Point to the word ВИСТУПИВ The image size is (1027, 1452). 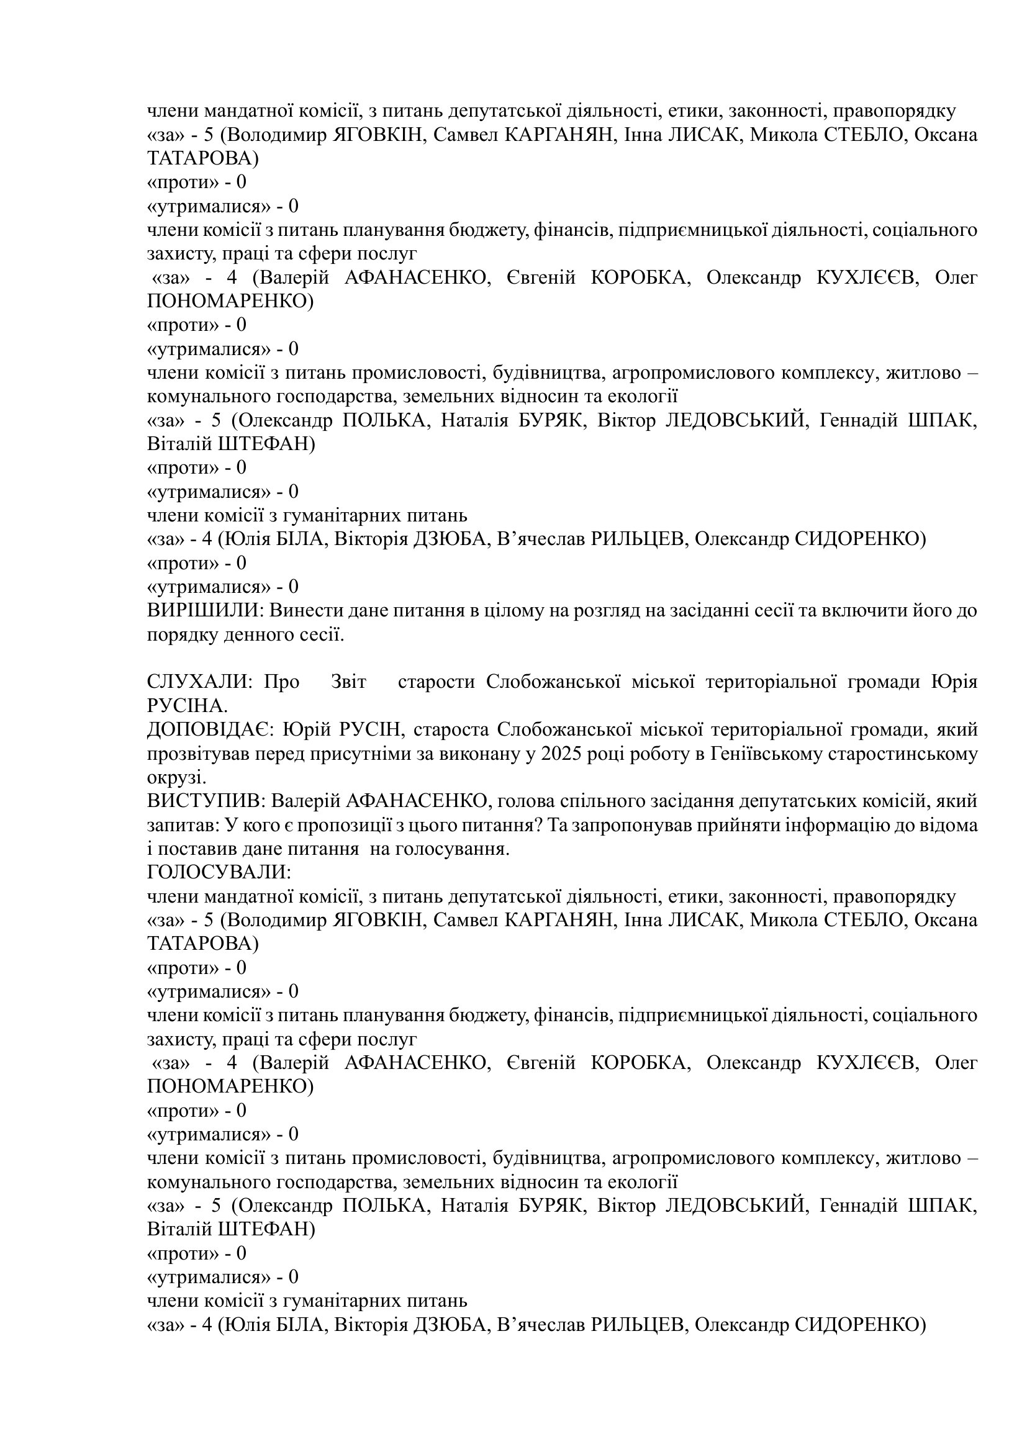[206, 801]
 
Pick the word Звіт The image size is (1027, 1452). [348, 682]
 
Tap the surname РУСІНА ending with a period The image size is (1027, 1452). [187, 706]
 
